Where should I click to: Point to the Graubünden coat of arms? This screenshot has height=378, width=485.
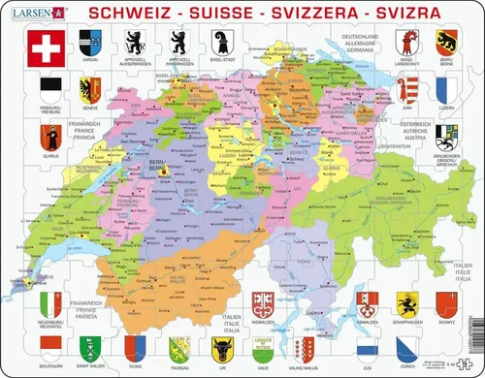point(448,135)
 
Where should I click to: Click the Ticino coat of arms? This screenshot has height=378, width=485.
point(130,346)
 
